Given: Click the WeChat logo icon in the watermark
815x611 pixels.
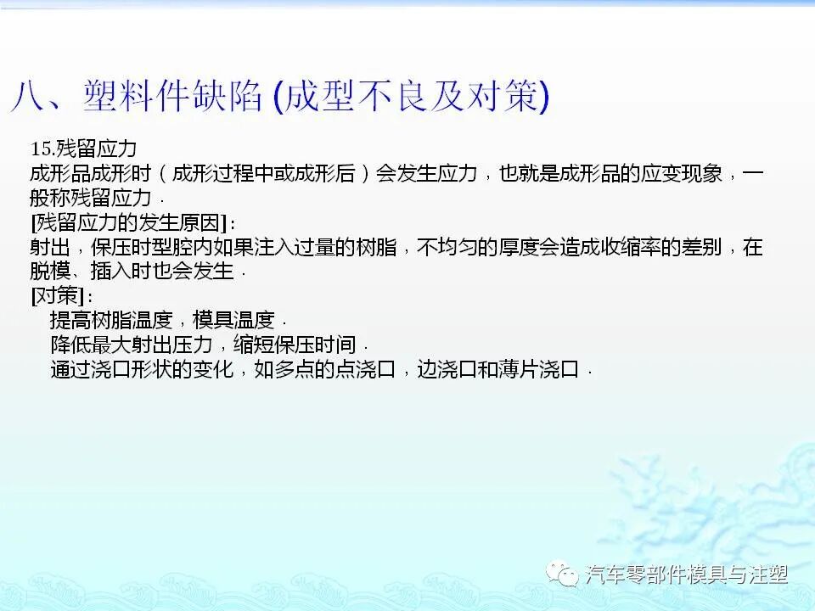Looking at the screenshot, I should [x=563, y=575].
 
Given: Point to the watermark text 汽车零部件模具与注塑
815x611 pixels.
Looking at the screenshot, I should [x=687, y=575].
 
